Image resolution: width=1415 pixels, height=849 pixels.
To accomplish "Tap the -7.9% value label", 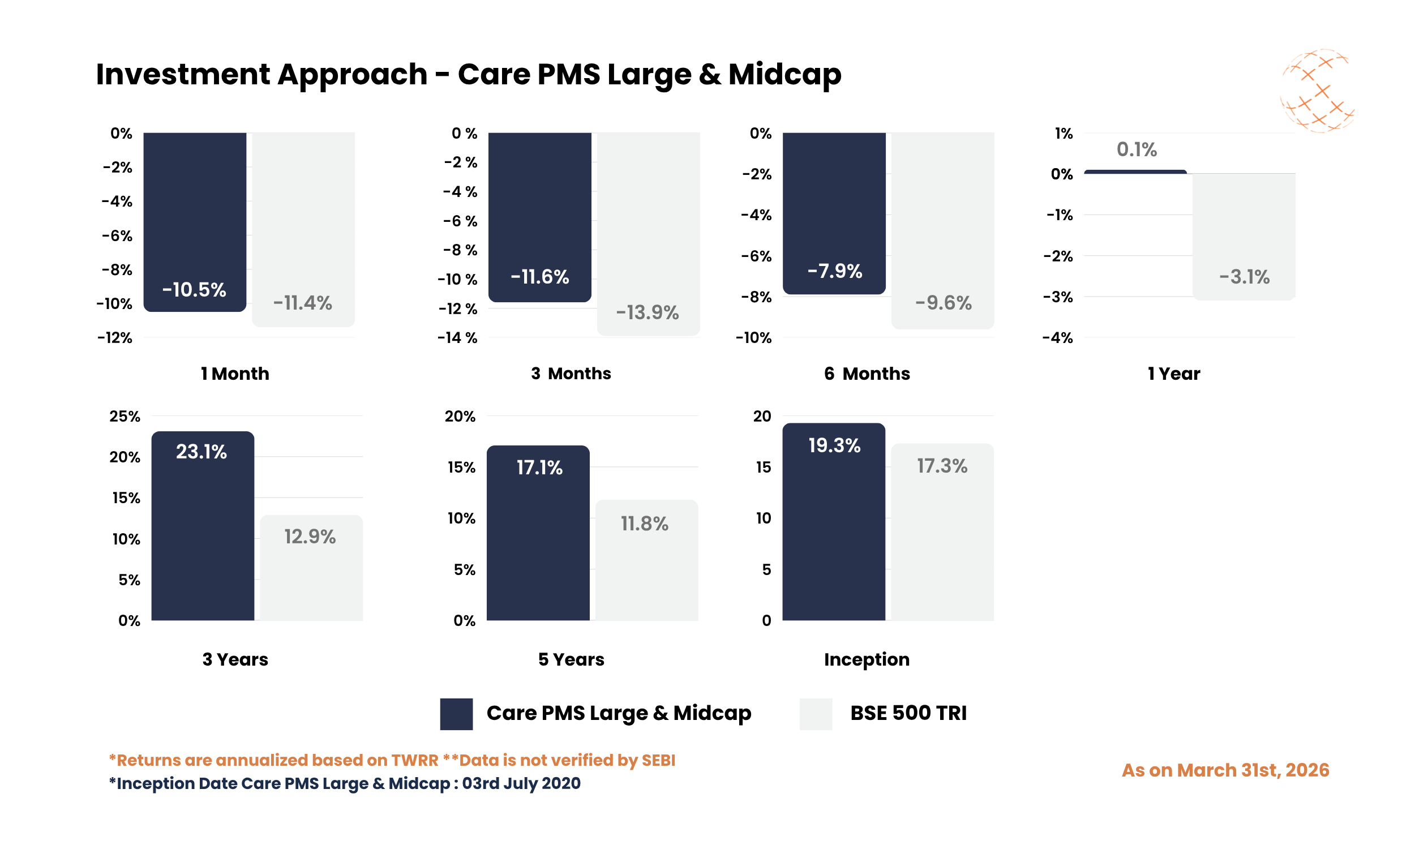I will coord(834,271).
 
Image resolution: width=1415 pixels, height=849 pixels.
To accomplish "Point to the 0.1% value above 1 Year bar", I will coord(1136,150).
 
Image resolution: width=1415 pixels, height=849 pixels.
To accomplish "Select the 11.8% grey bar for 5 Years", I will coord(646,567).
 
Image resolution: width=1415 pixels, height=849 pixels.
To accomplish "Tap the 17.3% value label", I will coord(941,466).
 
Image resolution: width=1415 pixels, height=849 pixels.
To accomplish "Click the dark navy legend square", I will coord(456,713).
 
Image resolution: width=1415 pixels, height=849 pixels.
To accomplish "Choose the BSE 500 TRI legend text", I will coord(908,713).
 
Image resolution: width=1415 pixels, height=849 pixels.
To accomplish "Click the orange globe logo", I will coord(1317,92).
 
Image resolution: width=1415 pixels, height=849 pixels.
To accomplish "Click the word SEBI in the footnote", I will coord(658,760).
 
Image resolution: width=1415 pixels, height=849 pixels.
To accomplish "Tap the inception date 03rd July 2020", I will coord(521,783).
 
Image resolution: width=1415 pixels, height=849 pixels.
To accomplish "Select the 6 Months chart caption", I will coord(867,374).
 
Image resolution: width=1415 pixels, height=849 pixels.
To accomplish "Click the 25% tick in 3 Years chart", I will coord(125,417).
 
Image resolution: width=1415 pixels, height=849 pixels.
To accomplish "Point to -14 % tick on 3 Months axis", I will coord(457,338).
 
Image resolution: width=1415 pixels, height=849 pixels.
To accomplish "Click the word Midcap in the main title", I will coord(784,74).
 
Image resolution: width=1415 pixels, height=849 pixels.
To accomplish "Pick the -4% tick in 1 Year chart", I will coord(1057,338).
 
